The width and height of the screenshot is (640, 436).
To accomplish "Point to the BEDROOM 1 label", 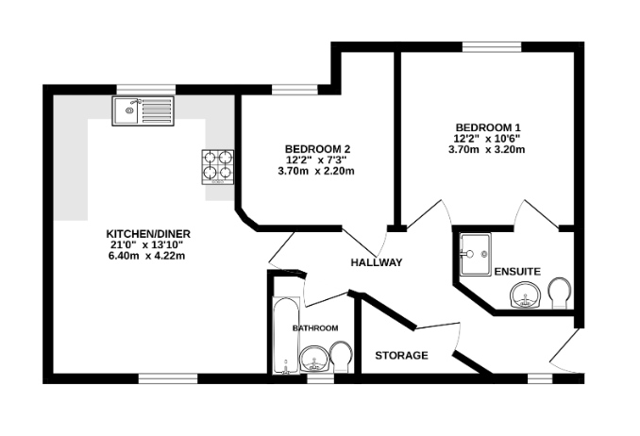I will [x=487, y=127].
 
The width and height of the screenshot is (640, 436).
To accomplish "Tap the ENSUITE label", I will [x=517, y=272].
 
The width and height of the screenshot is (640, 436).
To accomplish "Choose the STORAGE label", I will [x=401, y=356].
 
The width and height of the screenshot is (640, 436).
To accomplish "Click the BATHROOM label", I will [x=314, y=327].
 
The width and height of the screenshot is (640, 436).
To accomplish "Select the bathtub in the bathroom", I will [x=285, y=336].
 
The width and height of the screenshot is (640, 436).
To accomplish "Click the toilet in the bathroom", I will [x=341, y=357].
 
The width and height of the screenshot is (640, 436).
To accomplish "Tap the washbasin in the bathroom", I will [x=312, y=361].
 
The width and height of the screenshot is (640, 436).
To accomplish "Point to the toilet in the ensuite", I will [x=559, y=293].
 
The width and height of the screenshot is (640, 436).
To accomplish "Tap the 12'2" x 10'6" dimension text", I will [x=487, y=139].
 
